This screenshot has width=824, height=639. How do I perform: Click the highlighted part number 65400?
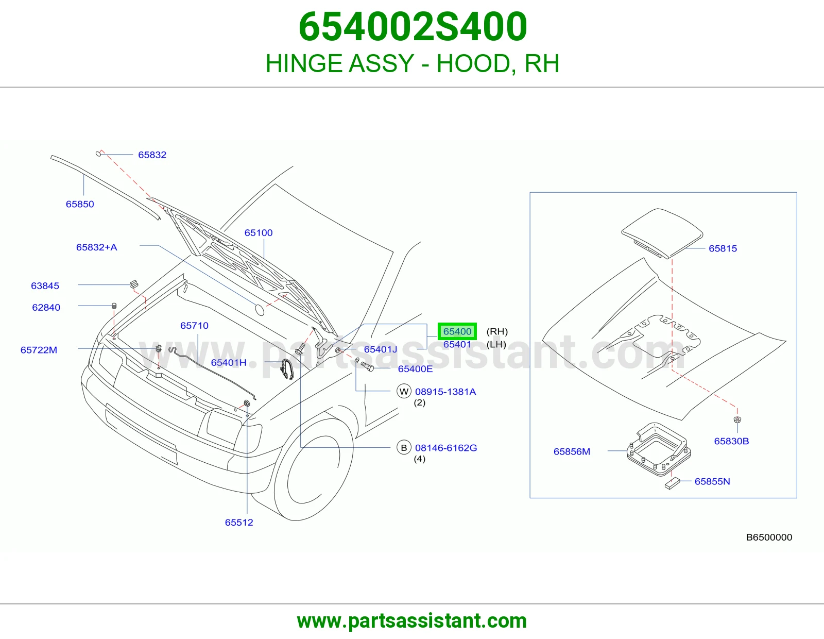pyautogui.click(x=457, y=331)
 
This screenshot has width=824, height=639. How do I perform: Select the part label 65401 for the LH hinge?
pyautogui.click(x=457, y=345)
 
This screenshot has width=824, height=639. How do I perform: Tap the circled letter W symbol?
pyautogui.click(x=404, y=392)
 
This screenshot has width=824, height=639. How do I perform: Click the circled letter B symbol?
pyautogui.click(x=404, y=448)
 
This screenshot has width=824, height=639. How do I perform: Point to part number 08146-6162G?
pyautogui.click(x=446, y=448)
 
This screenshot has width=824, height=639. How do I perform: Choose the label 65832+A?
pyautogui.click(x=97, y=247)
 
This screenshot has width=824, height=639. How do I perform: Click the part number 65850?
pyautogui.click(x=80, y=204)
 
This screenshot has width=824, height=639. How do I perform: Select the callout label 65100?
pyautogui.click(x=259, y=232)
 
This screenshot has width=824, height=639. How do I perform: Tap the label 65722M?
pyautogui.click(x=39, y=350)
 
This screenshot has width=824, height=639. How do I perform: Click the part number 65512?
pyautogui.click(x=239, y=523)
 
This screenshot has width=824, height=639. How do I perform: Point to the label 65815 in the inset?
pyautogui.click(x=723, y=248)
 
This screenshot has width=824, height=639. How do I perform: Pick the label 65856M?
pyautogui.click(x=572, y=451)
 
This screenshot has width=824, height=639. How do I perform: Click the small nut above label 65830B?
pyautogui.click(x=737, y=419)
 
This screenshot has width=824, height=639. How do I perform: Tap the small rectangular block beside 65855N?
pyautogui.click(x=672, y=484)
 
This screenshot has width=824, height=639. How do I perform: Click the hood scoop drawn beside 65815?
pyautogui.click(x=662, y=233)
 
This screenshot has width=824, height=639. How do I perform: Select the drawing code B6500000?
pyautogui.click(x=769, y=537)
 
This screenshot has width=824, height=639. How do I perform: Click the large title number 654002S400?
pyautogui.click(x=413, y=26)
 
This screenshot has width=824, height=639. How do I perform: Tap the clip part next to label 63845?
pyautogui.click(x=134, y=284)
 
